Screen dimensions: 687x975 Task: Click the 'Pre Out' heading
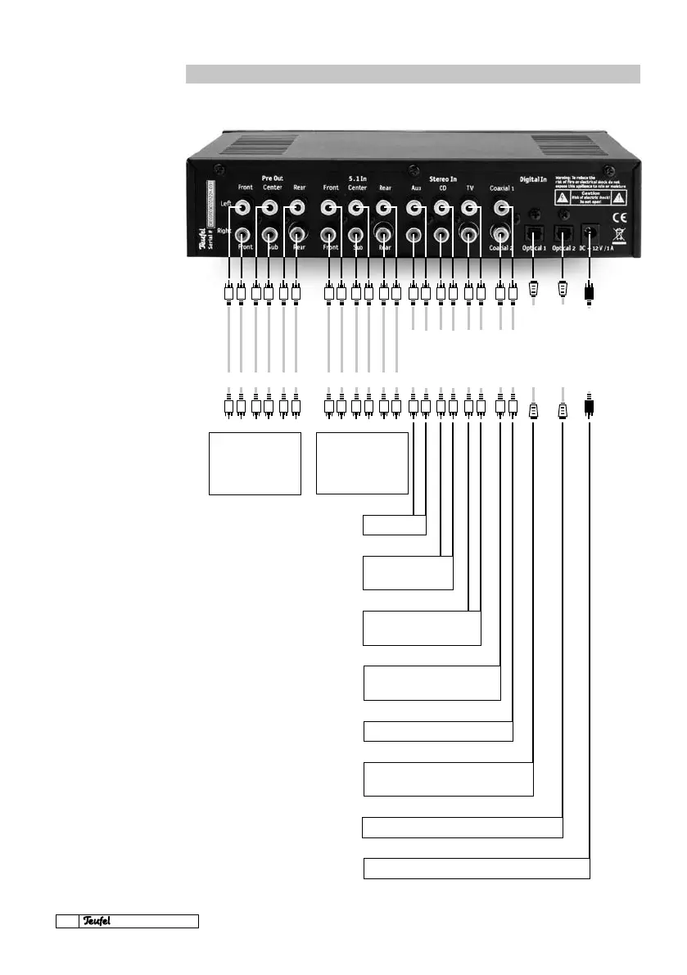272,177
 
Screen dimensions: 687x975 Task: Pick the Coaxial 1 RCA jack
501,209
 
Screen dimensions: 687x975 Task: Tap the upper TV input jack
469,209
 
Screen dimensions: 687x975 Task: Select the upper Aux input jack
414,209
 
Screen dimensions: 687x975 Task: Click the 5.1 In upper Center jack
356,209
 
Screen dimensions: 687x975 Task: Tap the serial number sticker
210,209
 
